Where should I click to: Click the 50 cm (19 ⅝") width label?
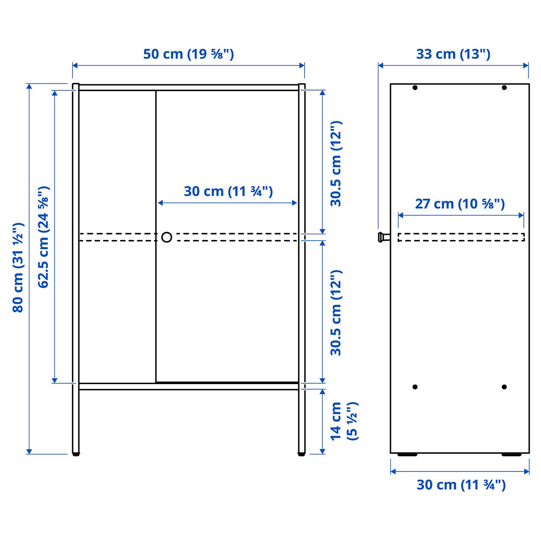(x=189, y=54)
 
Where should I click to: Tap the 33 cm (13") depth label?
(x=453, y=54)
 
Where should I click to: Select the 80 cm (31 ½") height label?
(x=18, y=267)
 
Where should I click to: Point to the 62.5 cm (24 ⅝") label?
(x=44, y=237)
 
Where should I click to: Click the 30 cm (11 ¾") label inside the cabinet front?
(x=228, y=191)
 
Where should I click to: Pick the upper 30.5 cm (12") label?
(x=336, y=163)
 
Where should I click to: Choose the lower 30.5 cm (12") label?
(x=336, y=313)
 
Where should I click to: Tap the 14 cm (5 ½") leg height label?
(x=344, y=421)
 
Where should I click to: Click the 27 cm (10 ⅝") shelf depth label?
(x=460, y=204)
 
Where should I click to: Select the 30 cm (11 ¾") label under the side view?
(x=461, y=485)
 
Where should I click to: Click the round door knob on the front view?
(x=167, y=237)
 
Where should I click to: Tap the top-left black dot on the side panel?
(x=415, y=88)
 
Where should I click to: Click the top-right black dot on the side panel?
(x=504, y=88)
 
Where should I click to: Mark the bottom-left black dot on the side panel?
(x=415, y=387)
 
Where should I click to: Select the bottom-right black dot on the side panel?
(x=504, y=387)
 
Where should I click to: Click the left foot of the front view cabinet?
(x=76, y=454)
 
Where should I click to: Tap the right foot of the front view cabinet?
(x=301, y=454)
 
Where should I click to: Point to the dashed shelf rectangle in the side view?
(x=461, y=237)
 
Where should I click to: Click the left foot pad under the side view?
(x=407, y=455)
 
